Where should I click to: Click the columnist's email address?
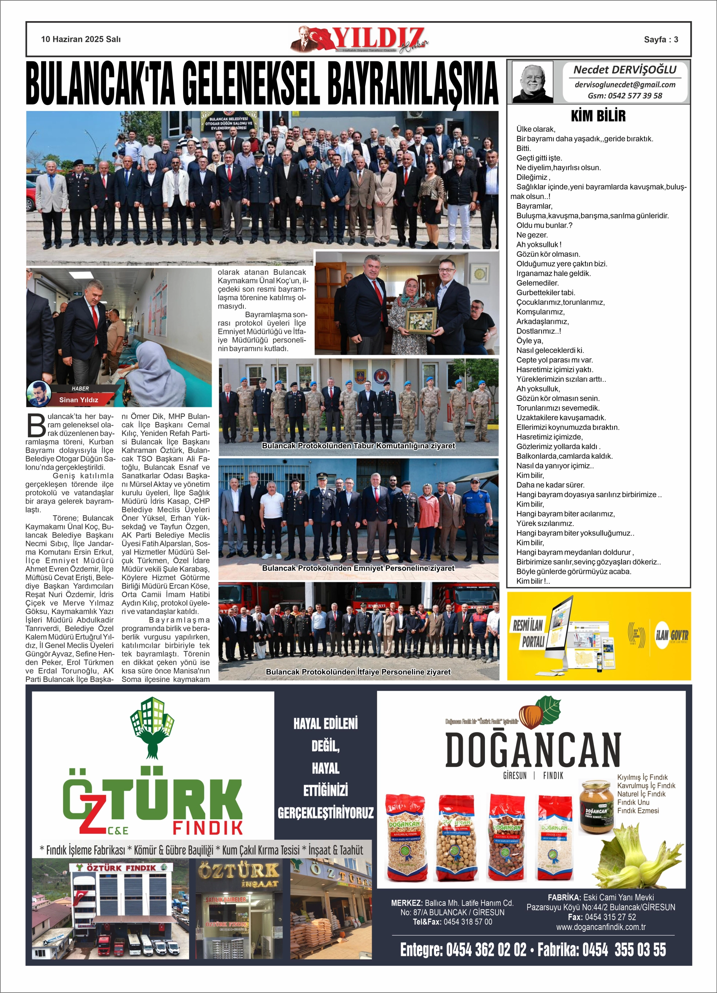625,85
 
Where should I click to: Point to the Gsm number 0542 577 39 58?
625,96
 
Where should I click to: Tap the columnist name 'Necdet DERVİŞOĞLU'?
625,69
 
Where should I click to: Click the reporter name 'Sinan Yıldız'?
79,400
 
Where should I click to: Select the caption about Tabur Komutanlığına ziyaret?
358,446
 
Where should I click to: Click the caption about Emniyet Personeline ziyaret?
358,568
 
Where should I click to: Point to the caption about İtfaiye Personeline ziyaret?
358,672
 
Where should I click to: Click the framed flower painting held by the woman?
421,319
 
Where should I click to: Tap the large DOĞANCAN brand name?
533,751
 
